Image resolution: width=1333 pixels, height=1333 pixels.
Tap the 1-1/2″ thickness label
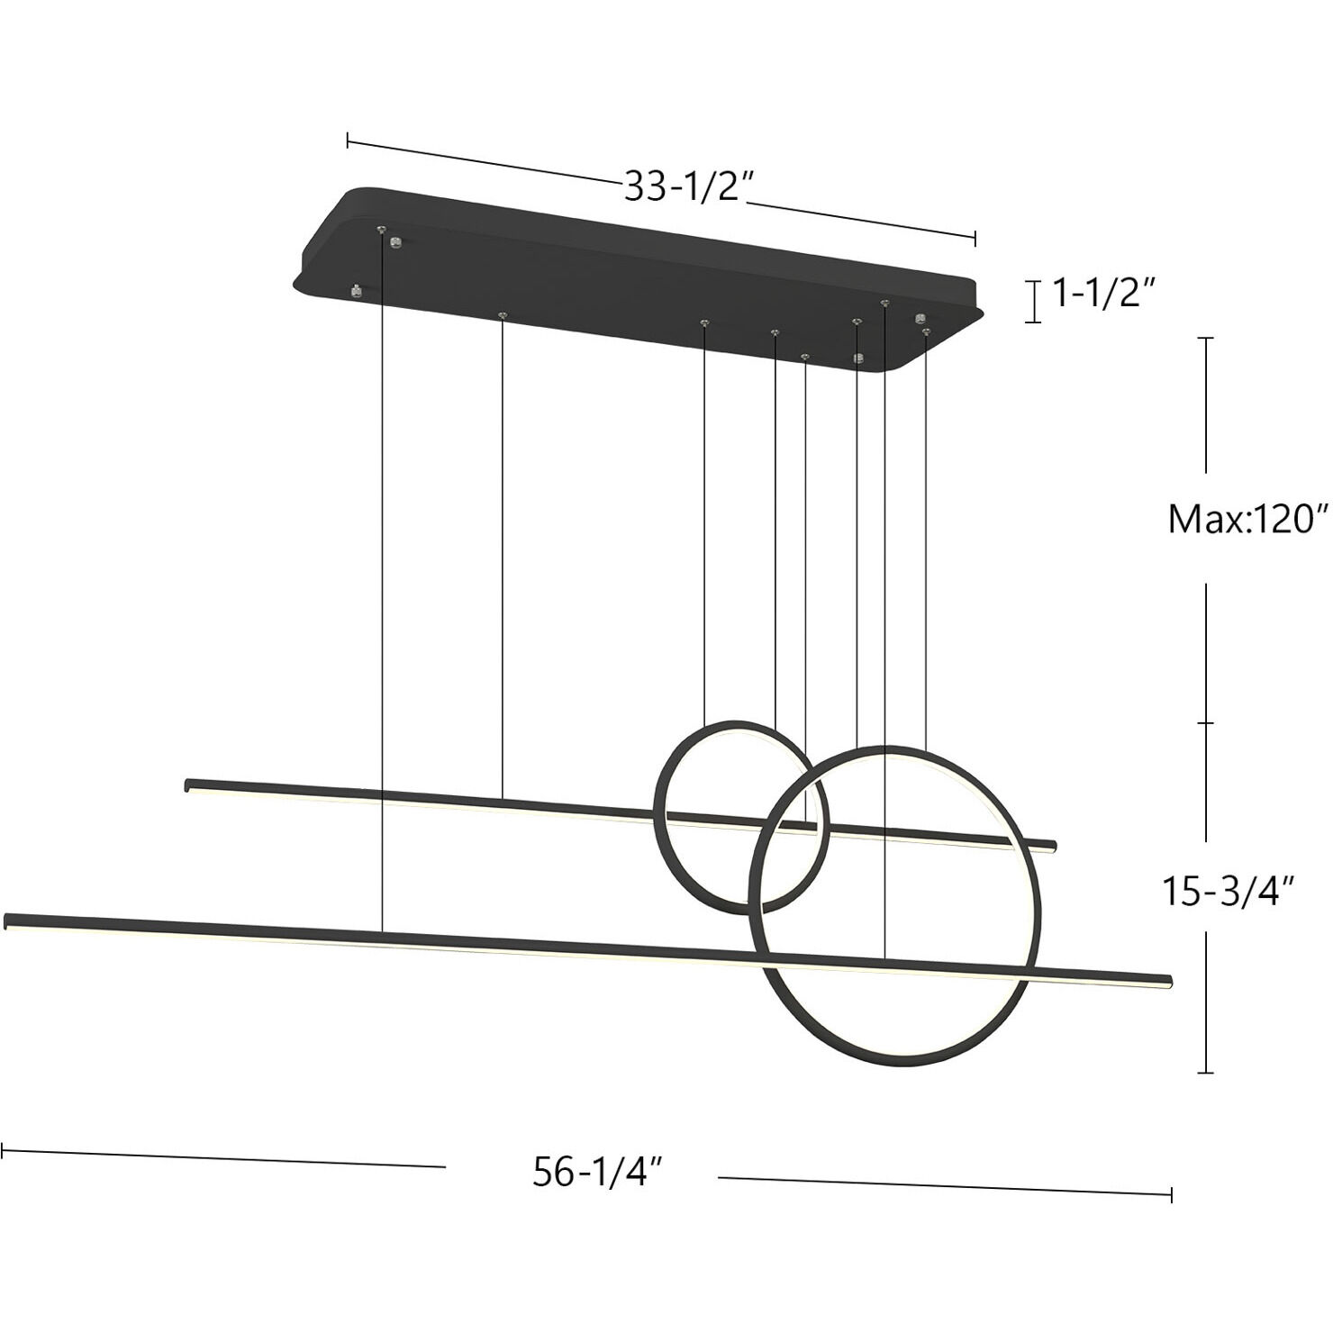click(1103, 294)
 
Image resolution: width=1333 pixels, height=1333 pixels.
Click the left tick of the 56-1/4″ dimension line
click(3, 1150)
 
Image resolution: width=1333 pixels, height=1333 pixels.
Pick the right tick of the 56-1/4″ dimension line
click(1171, 1194)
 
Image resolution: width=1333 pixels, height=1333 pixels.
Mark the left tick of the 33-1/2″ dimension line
click(348, 140)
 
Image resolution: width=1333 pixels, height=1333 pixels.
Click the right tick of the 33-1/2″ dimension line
click(975, 238)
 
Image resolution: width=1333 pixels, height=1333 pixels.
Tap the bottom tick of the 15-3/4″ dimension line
click(1205, 1072)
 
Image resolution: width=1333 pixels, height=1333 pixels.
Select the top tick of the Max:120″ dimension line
click(1205, 338)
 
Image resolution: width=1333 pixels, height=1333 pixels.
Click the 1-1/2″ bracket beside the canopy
click(1034, 301)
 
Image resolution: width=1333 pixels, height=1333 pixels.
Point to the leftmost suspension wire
click(382, 585)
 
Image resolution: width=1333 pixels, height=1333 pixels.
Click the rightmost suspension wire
click(925, 540)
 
